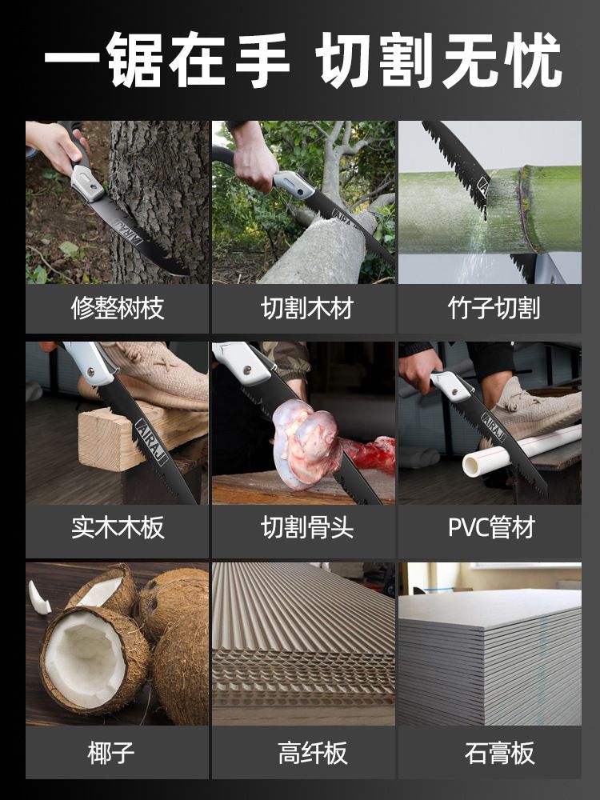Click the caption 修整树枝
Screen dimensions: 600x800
pyautogui.click(x=118, y=308)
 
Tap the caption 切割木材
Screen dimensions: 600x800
pyautogui.click(x=307, y=308)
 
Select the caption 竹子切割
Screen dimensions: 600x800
pyautogui.click(x=494, y=308)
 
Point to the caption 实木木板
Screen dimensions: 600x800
pyautogui.click(x=118, y=527)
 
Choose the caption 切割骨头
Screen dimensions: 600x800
pyautogui.click(x=307, y=527)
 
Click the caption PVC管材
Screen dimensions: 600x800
pyautogui.click(x=492, y=527)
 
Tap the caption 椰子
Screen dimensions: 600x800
pyautogui.click(x=110, y=753)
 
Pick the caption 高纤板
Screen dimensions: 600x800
pyautogui.click(x=313, y=753)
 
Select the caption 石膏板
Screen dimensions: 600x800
pyautogui.click(x=499, y=753)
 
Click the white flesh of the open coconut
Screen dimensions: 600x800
pyautogui.click(x=85, y=658)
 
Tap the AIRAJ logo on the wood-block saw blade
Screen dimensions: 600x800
pyautogui.click(x=151, y=442)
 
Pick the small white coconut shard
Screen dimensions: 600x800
pyautogui.click(x=38, y=598)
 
